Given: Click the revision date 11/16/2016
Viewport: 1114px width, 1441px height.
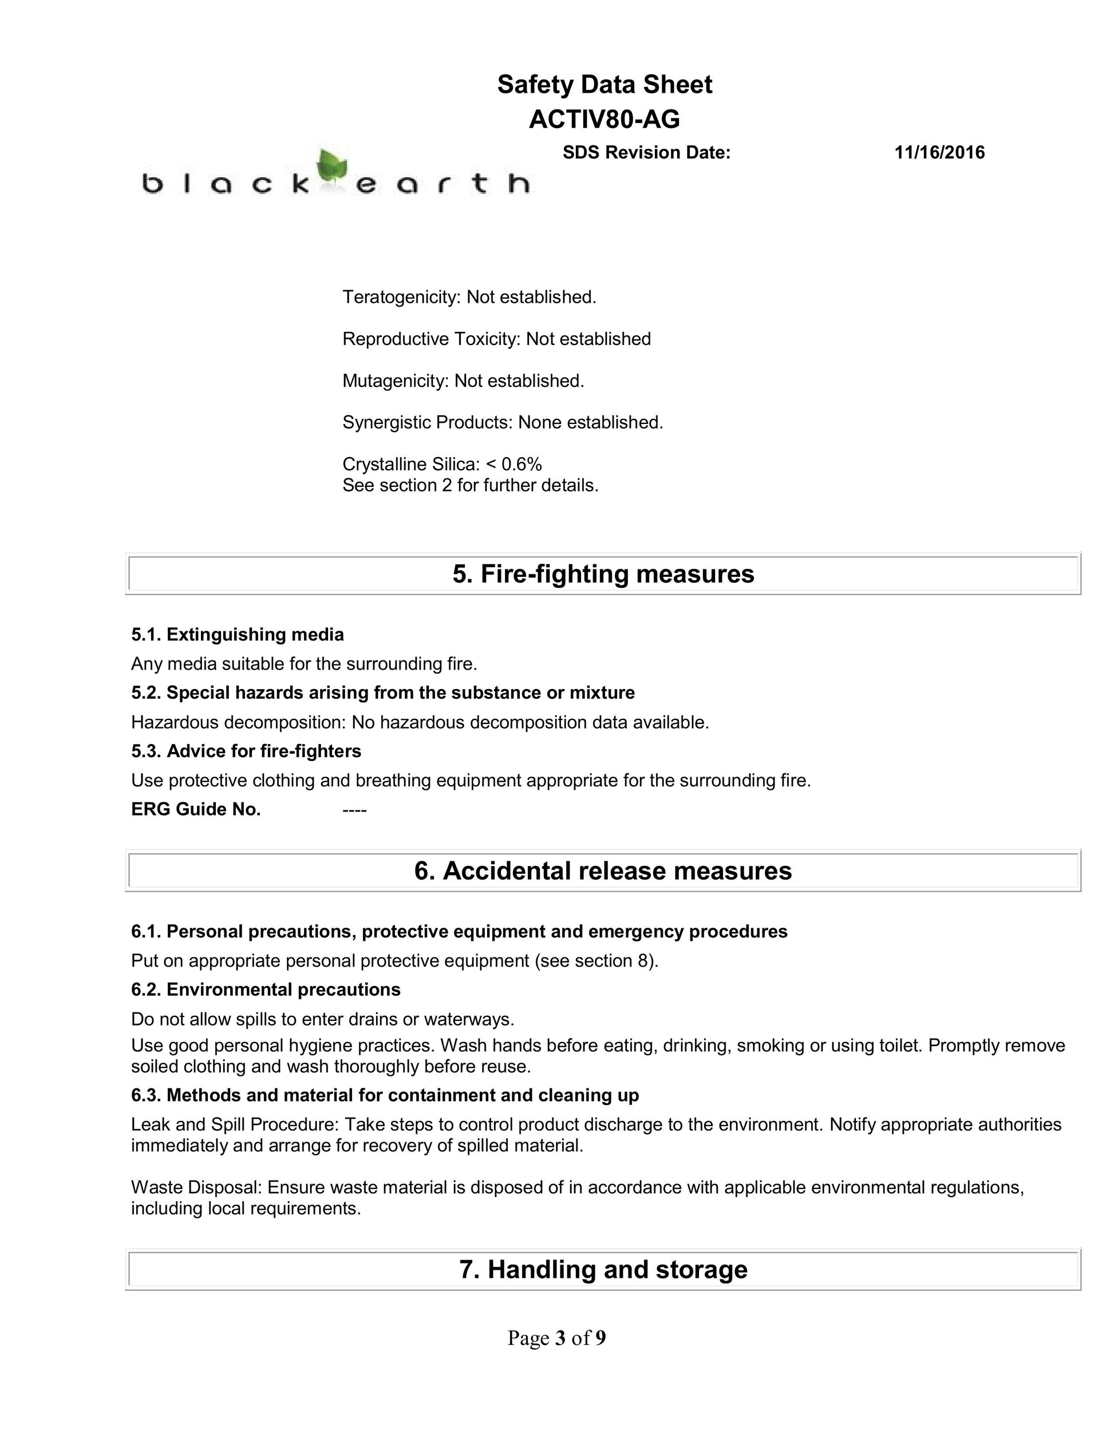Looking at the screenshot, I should pos(939,152).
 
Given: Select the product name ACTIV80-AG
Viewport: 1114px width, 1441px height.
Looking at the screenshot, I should pos(604,120).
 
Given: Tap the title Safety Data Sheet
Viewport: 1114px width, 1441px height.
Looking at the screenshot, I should pos(604,85).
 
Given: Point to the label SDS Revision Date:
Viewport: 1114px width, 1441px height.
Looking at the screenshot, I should pos(646,152).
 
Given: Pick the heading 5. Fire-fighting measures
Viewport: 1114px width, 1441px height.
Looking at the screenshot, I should pos(603,573).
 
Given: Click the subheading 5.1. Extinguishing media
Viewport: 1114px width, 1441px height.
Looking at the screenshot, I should pos(238,634).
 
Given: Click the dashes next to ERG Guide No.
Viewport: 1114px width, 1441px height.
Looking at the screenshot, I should pos(354,810).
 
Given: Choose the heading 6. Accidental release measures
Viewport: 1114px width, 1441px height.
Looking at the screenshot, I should pos(603,870).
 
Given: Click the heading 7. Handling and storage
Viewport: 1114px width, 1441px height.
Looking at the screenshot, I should pos(603,1269).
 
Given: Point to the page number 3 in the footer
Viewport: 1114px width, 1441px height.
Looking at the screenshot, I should pos(560,1337).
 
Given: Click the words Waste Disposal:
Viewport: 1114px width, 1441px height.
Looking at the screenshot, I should pos(197,1187).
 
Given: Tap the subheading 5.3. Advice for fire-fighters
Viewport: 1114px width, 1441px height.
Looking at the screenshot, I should pos(246,751).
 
